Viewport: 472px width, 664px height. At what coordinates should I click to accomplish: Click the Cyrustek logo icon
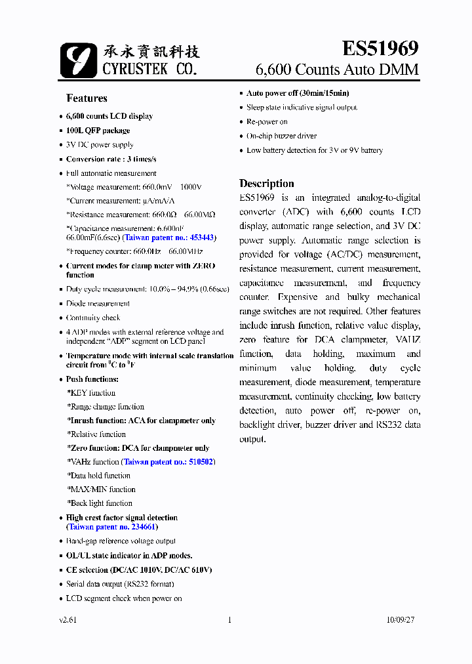tap(78, 60)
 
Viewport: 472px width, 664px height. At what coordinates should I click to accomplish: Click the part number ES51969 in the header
tap(380, 49)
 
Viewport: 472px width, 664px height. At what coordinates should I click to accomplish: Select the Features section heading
tap(87, 98)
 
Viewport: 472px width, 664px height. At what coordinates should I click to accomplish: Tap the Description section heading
tap(266, 184)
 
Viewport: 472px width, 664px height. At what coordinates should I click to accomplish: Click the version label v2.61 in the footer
tap(68, 619)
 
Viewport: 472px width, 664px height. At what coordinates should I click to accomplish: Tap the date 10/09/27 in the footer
tap(401, 619)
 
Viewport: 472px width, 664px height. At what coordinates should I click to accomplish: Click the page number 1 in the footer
tap(229, 619)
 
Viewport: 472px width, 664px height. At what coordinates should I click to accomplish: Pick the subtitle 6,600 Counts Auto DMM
tap(336, 70)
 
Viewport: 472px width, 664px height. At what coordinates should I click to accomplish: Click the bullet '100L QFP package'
tap(98, 131)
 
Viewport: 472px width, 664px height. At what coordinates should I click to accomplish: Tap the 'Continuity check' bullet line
tap(93, 318)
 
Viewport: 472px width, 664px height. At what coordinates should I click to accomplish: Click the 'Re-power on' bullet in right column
tap(267, 122)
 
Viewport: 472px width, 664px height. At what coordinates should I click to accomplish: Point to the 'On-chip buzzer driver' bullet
tap(281, 136)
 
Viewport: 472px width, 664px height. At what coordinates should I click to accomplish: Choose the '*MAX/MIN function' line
tap(101, 489)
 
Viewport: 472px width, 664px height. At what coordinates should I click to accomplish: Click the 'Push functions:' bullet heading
tap(92, 379)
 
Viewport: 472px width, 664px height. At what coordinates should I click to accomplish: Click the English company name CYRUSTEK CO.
tap(149, 68)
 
